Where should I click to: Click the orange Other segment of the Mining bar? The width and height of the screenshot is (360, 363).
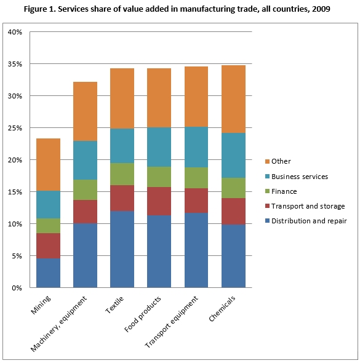pos(48,165)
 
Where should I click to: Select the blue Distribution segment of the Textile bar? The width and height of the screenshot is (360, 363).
pos(122,249)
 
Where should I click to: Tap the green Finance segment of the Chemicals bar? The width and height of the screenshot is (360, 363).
pos(233,188)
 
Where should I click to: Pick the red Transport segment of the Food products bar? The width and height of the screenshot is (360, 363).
pos(159,201)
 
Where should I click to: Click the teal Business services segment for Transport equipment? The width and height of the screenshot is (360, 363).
pos(196,147)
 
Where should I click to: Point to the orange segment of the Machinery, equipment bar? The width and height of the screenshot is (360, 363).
pos(85,111)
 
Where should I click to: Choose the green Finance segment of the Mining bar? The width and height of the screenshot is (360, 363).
pos(48,226)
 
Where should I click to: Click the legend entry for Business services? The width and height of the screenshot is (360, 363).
pos(297,177)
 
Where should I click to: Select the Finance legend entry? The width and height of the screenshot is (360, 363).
pos(281,191)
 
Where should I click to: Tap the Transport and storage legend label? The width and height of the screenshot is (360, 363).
pos(308,206)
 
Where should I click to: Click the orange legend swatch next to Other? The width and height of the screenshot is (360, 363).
pos(268,161)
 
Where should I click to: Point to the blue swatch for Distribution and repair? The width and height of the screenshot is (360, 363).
pos(268,221)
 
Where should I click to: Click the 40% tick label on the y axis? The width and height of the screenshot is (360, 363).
pos(15,32)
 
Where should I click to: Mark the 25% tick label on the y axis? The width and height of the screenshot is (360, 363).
pos(15,128)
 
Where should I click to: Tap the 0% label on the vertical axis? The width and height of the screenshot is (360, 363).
pos(17,288)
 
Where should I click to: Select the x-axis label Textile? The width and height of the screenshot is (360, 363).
pos(114,305)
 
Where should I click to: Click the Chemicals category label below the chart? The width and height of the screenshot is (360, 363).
pos(222,309)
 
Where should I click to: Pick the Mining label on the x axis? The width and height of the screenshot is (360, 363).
pos(41,305)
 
